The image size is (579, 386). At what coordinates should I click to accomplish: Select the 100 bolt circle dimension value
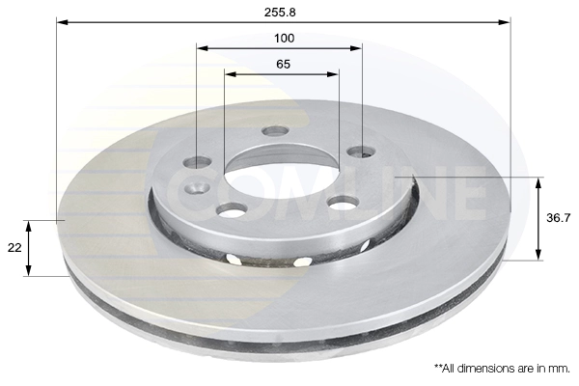point(283,38)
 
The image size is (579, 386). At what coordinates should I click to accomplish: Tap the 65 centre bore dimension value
point(283,64)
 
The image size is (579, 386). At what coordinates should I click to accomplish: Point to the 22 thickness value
point(14,248)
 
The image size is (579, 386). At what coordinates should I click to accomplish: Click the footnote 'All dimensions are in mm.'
point(502,369)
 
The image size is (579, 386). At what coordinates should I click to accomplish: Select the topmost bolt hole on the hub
point(275,131)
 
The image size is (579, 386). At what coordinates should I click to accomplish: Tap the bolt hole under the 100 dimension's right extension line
point(361,152)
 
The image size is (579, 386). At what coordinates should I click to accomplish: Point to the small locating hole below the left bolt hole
point(198,187)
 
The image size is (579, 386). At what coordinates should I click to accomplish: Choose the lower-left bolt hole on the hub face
point(231,209)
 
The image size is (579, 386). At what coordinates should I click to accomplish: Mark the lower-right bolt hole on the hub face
point(343,203)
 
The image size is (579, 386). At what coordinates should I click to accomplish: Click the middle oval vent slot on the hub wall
point(302,261)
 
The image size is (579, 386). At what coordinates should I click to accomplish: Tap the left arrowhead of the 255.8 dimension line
point(61,20)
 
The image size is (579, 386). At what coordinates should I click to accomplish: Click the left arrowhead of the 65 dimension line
point(229,74)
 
